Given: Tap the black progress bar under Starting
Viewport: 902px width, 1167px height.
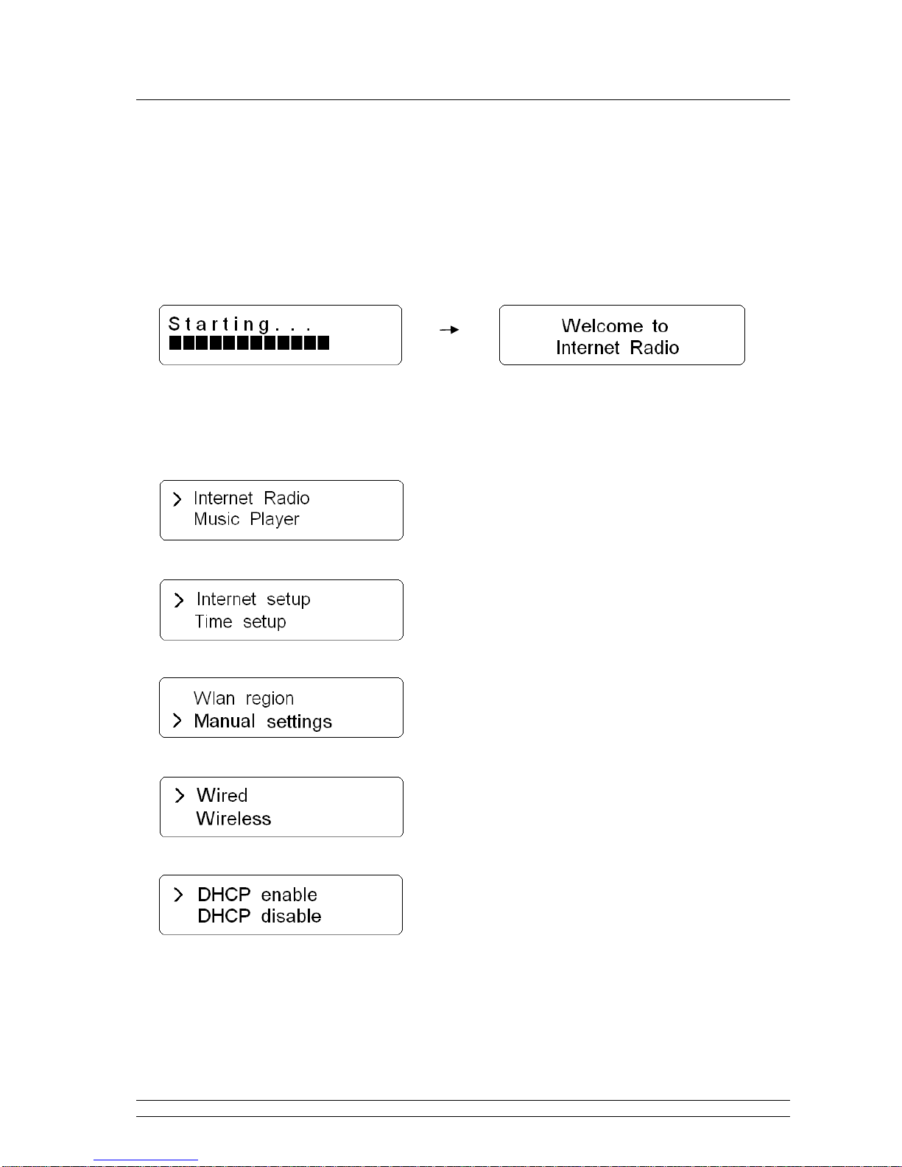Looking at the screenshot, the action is point(249,342).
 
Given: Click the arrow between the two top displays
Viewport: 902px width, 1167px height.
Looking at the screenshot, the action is point(449,329).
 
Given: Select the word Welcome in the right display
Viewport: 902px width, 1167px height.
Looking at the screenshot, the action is point(602,326).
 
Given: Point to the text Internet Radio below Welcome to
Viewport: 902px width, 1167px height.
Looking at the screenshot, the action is point(618,348).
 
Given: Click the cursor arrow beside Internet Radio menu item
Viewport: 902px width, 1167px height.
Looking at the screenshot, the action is point(177,499).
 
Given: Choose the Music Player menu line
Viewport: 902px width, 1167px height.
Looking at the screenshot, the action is point(247,519).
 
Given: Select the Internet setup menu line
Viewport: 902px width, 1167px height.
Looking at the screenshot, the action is point(253,599).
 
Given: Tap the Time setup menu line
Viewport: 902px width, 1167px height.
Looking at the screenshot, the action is point(241,622).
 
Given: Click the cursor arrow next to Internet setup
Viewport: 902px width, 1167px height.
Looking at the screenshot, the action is point(180,600).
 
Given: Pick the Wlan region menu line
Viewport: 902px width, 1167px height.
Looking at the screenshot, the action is point(244,699).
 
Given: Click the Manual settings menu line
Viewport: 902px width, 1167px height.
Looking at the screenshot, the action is point(263,722).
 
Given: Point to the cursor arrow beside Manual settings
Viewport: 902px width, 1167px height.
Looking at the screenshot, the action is point(177,720).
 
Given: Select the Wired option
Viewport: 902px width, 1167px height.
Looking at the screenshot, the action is point(222,795).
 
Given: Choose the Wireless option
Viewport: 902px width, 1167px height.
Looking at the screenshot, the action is point(233,819).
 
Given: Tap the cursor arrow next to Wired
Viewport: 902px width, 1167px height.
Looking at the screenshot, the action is point(180,795).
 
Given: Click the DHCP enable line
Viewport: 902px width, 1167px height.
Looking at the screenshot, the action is point(257,895).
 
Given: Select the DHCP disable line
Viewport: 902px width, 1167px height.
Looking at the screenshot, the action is point(259,916).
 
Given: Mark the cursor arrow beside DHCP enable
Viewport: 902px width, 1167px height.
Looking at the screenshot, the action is point(179,895).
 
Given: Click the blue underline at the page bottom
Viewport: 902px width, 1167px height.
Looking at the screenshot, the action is point(146,1160).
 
